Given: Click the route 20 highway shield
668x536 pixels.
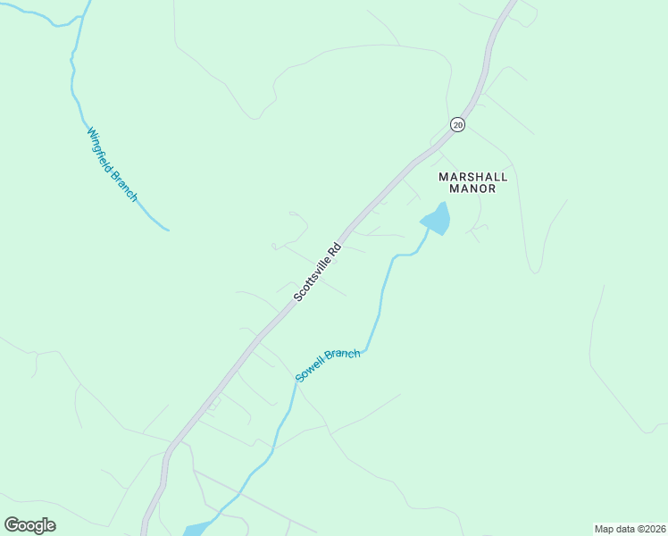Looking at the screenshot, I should [x=457, y=125].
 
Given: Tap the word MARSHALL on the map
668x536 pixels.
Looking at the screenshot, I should [x=473, y=176].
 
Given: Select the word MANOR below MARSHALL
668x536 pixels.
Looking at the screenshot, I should [x=473, y=188].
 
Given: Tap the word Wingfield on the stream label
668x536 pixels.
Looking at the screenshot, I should [x=99, y=148].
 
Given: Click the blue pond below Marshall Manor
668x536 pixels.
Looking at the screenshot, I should [x=437, y=219].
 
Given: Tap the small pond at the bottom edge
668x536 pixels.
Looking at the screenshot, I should [x=196, y=529].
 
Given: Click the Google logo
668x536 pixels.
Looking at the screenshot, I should [x=30, y=525].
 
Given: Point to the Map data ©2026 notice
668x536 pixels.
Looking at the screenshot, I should [x=629, y=528].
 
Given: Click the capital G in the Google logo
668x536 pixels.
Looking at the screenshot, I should [x=13, y=525].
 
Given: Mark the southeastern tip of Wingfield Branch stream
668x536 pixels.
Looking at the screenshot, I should [x=168, y=230].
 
